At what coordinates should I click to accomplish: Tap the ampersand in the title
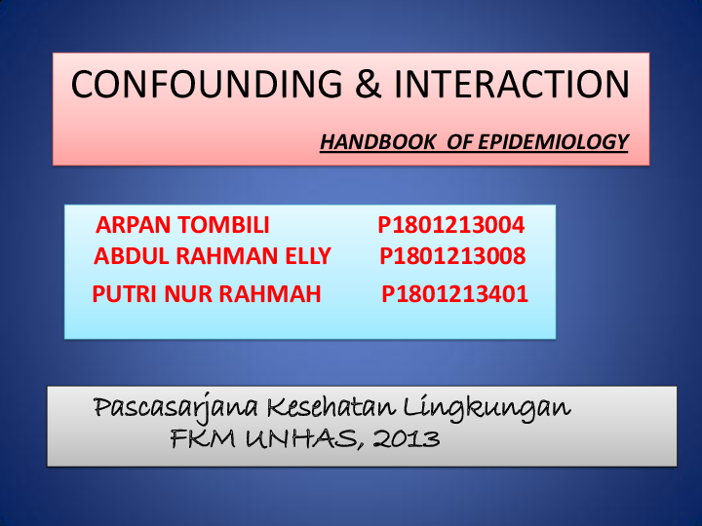click(367, 85)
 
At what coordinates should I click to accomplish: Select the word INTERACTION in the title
click(511, 85)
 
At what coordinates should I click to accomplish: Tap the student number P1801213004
click(451, 226)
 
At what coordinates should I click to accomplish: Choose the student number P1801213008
click(453, 257)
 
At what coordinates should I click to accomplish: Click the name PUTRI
click(123, 293)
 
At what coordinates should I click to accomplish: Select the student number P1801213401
click(455, 293)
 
